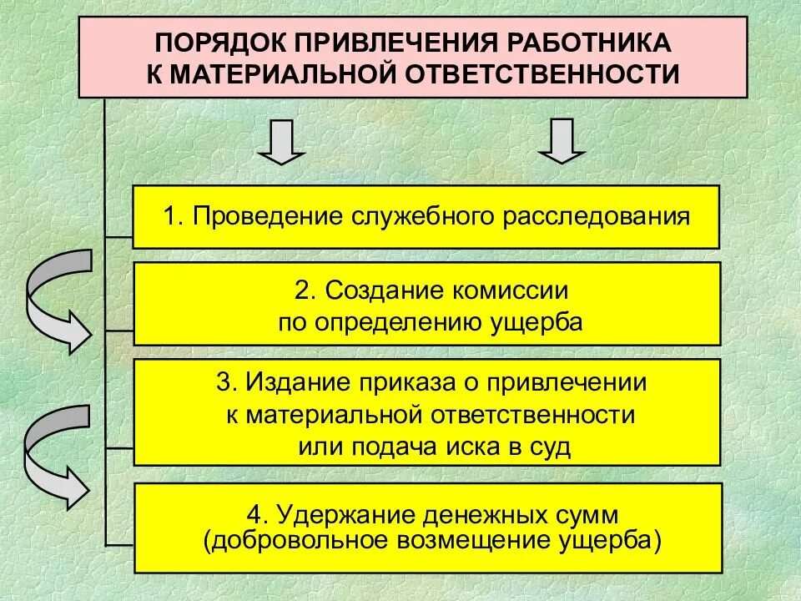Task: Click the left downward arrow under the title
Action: coord(281,142)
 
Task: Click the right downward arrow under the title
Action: coord(561,142)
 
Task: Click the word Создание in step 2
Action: coord(372,290)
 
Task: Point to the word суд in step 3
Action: coord(552,446)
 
